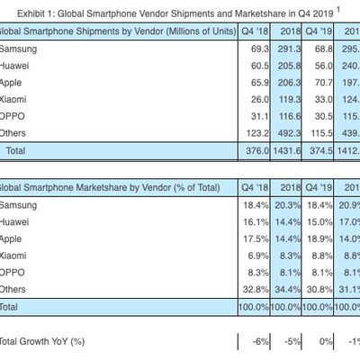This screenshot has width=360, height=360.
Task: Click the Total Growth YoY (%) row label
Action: point(41,340)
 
